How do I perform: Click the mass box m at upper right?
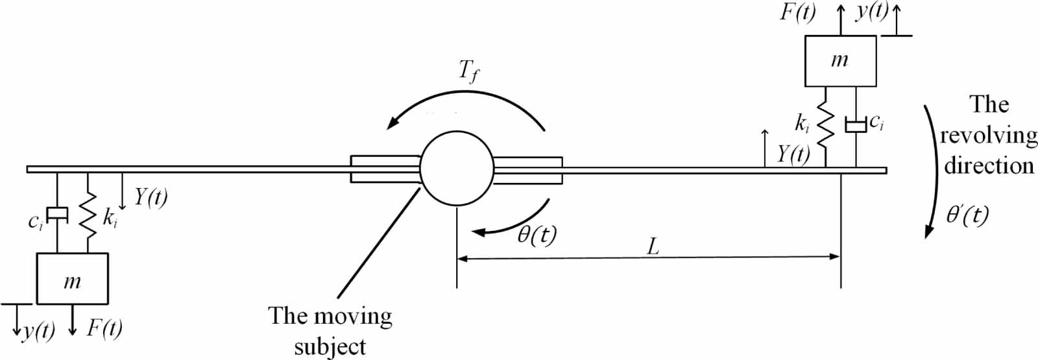coord(840,61)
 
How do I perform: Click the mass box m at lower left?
coord(72,278)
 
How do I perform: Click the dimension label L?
coord(653,246)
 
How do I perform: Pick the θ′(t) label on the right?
coord(967,214)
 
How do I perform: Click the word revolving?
coord(988,135)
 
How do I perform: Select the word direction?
coord(988,165)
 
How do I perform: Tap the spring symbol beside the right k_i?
coord(825,126)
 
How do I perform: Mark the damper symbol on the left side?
coord(58,213)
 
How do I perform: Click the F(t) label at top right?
coord(797,13)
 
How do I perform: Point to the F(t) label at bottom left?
coord(104,328)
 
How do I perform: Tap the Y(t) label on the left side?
coord(151,197)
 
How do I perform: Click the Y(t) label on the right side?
coord(793,154)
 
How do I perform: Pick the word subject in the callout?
coord(330,346)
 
